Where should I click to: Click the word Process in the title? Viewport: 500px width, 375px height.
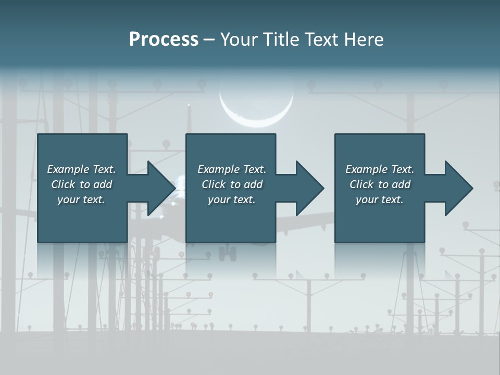[x=164, y=40]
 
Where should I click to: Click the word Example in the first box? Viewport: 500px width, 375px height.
[x=68, y=169]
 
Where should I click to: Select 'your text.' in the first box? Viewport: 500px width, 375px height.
[x=81, y=199]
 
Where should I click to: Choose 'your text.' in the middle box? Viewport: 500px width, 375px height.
[x=231, y=199]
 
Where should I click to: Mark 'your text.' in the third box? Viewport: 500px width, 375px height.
[x=380, y=199]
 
